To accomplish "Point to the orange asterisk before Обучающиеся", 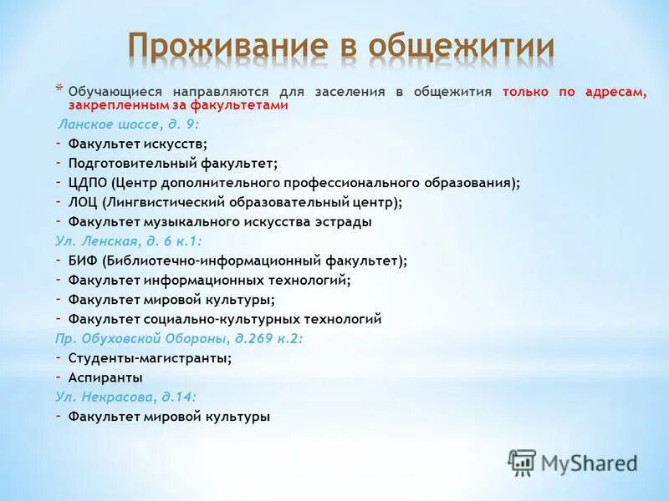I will tap(59, 88).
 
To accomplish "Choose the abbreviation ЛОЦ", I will tap(84, 202).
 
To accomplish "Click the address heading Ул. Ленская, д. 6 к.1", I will tap(129, 240).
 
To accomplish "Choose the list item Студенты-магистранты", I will tap(150, 357).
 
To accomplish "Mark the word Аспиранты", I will tap(105, 377).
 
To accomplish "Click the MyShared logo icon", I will tap(522, 462).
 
